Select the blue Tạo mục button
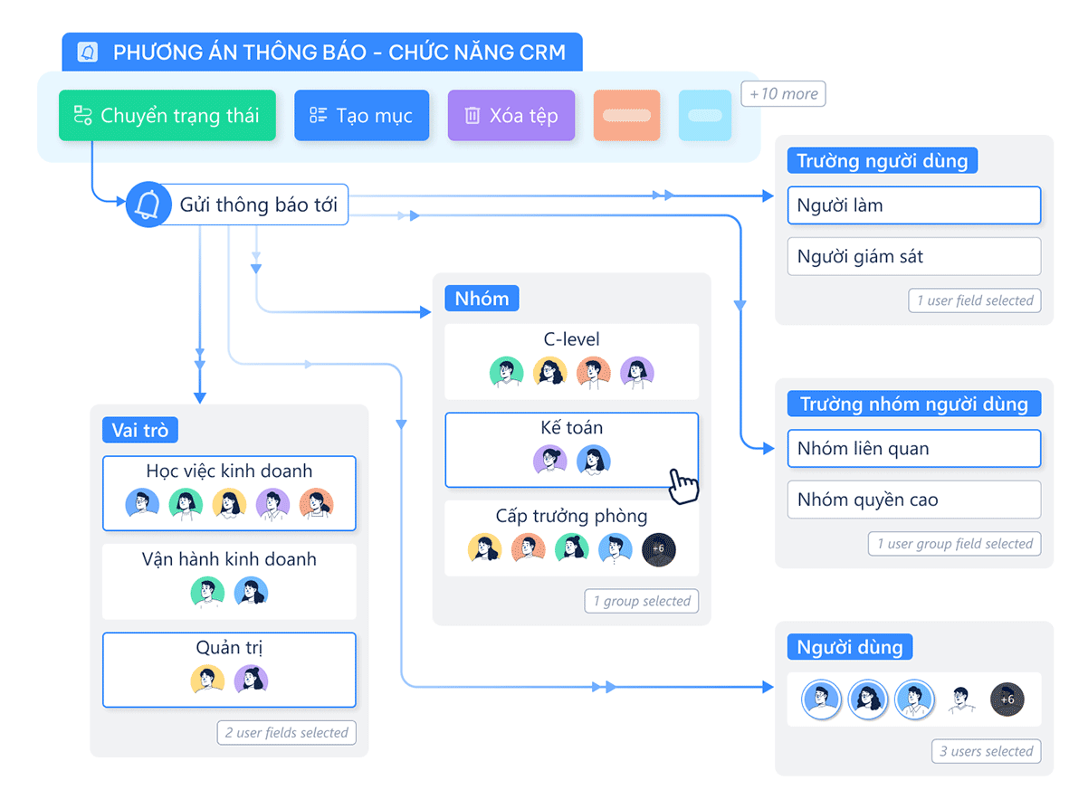pos(361,116)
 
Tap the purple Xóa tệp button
pos(511,116)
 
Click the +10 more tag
pos(783,94)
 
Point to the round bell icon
pos(148,205)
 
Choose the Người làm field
pos(913,205)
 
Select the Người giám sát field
pos(913,257)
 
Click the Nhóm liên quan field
pos(913,449)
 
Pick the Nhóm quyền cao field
pos(913,500)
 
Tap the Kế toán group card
pos(571,450)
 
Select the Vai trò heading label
pos(140,430)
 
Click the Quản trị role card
pos(229,670)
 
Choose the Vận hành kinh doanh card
pos(229,581)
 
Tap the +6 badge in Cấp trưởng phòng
pos(658,548)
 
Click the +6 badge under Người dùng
pos(1007,700)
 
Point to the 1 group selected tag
pos(642,601)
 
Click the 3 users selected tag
pos(986,751)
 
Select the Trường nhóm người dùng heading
pos(913,404)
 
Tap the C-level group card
pos(571,361)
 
